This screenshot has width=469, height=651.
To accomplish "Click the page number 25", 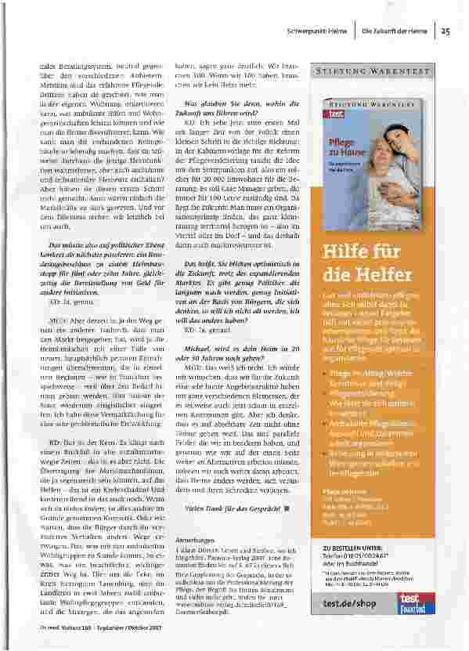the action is point(445,32).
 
